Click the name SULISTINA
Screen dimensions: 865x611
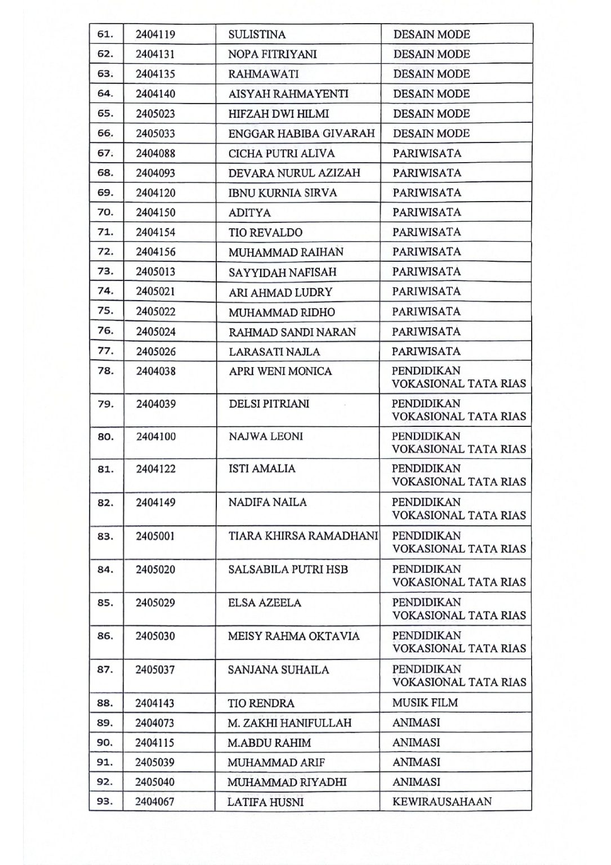pos(257,34)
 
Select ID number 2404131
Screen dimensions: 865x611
pos(155,54)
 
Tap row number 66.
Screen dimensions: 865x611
pos(105,133)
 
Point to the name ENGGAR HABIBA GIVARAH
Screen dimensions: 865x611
pos(301,133)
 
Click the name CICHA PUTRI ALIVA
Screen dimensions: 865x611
pos(281,153)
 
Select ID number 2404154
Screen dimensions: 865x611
pos(155,232)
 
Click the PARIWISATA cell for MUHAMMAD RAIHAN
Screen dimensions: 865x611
pos(426,252)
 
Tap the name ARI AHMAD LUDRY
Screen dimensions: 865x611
pos(280,292)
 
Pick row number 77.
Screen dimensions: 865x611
pos(105,351)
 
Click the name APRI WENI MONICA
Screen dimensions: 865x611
pos(280,371)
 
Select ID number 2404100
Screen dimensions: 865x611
pos(155,436)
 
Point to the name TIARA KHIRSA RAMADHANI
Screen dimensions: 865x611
pos(303,536)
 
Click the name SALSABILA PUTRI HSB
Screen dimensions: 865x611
pos(288,569)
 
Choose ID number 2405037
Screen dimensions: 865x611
pos(155,670)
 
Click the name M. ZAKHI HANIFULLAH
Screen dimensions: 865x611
pos(289,723)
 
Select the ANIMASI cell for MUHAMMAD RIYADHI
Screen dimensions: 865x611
pos(416,782)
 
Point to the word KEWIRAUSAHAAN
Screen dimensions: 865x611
pos(441,802)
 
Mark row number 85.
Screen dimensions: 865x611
pos(105,603)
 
